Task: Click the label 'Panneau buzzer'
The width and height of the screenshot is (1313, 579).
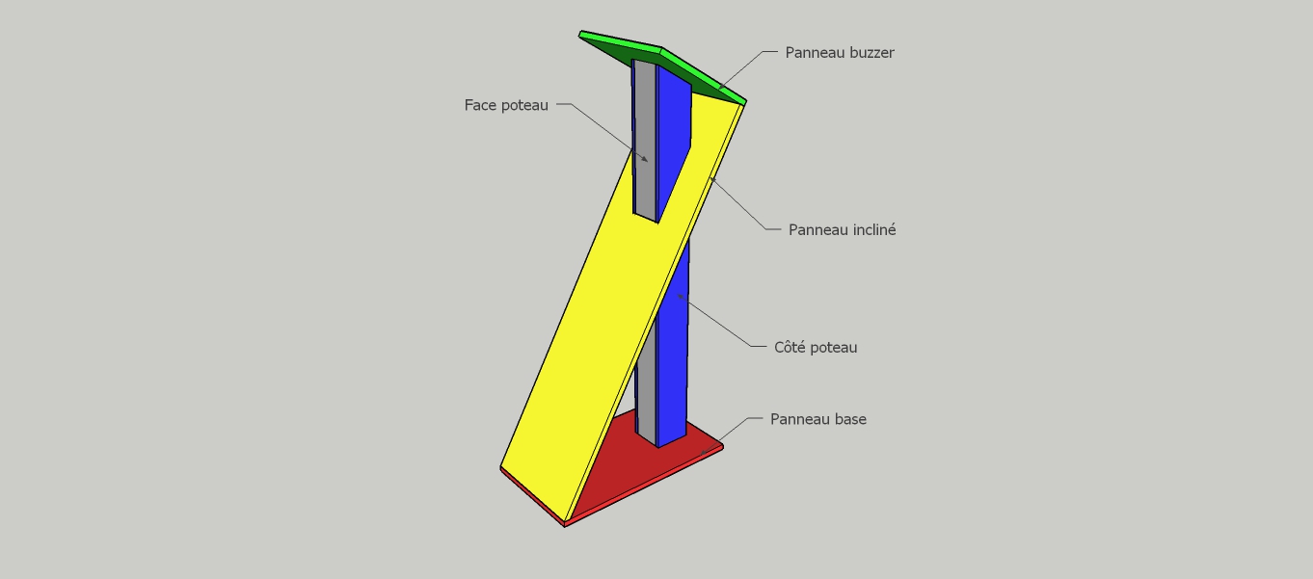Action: click(840, 53)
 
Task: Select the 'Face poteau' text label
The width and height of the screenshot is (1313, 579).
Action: click(506, 105)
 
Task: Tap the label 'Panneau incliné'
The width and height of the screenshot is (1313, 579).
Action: click(842, 229)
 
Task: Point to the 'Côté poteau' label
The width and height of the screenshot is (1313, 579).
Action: click(816, 347)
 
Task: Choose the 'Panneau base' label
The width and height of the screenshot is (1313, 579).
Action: click(817, 419)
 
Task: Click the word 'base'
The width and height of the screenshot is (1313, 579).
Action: click(850, 419)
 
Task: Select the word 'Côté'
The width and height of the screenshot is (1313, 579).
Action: click(789, 347)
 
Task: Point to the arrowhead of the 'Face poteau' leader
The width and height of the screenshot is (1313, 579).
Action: click(645, 159)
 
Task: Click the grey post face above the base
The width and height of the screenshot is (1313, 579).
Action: click(646, 399)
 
